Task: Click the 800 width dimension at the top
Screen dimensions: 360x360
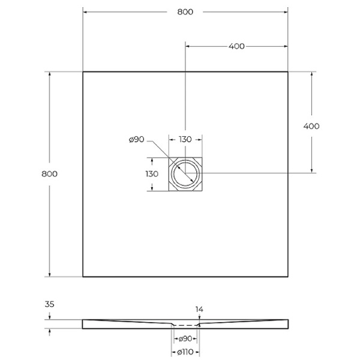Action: tap(185, 12)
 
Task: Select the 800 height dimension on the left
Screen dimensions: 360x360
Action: tap(49, 174)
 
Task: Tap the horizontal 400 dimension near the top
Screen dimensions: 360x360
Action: tap(236, 46)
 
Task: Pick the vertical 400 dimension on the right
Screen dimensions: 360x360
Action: tap(311, 126)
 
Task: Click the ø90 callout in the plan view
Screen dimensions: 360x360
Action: tap(137, 140)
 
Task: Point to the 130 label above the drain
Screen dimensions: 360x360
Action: tap(185, 139)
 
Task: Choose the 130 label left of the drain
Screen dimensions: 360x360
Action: tap(152, 173)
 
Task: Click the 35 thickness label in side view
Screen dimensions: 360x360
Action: tap(49, 305)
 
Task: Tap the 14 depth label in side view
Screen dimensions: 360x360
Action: tap(200, 309)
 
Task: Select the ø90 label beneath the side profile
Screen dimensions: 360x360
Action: tap(185, 339)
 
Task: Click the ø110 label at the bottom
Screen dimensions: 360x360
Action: tap(185, 352)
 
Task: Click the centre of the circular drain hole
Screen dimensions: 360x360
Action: tap(185, 174)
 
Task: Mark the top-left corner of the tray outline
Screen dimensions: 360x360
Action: tap(83, 72)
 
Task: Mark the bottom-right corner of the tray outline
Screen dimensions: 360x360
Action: tap(288, 277)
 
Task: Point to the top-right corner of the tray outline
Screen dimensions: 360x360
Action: tap(288, 72)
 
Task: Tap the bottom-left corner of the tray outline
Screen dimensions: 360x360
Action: tap(83, 277)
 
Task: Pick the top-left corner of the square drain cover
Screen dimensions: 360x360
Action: tap(169, 157)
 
